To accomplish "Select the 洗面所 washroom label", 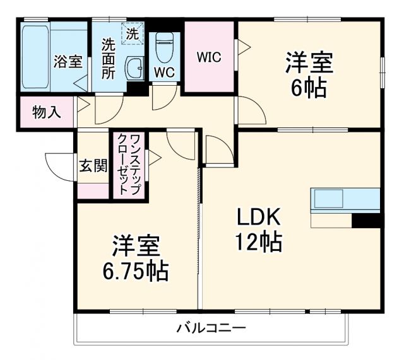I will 109,59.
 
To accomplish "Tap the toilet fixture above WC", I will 165,44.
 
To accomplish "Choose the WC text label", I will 165,73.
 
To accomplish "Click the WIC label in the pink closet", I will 208,57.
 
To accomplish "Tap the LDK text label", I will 258,218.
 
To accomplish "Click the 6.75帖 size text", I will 136,271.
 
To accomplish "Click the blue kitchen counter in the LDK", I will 345,199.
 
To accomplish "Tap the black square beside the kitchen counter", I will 367,221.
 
